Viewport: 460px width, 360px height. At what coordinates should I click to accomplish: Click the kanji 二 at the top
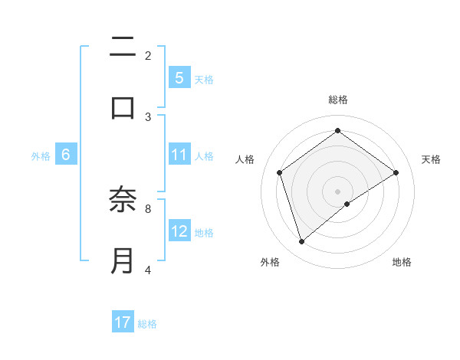pos(123,48)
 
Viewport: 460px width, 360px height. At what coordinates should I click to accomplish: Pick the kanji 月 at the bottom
pos(123,260)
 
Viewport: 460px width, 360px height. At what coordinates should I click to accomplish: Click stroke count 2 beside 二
pos(148,56)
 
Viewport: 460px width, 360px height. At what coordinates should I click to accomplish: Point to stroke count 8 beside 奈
pos(148,208)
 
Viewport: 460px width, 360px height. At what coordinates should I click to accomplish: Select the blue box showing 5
pos(179,77)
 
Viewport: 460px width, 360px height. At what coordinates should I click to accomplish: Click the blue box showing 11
pos(179,155)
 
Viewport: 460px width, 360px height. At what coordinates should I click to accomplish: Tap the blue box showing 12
pos(179,231)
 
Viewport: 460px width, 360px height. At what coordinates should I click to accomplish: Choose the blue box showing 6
pos(66,155)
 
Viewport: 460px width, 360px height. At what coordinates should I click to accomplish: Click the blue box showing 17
pos(123,322)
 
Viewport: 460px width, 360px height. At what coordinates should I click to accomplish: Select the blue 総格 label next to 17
pos(147,324)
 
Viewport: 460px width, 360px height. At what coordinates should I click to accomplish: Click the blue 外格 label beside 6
pos(41,156)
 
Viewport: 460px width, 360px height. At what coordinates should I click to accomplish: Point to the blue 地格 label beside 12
pos(204,233)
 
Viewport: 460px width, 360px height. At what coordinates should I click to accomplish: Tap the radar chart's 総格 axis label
pos(338,100)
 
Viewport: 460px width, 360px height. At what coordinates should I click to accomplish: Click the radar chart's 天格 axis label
pos(431,159)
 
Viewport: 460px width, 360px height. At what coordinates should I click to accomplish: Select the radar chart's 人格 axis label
pos(245,159)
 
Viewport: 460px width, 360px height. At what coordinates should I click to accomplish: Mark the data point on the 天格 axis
pos(396,172)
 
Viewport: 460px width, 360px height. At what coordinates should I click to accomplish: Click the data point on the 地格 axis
pos(347,204)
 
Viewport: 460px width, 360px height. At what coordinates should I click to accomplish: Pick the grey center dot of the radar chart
pos(338,191)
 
